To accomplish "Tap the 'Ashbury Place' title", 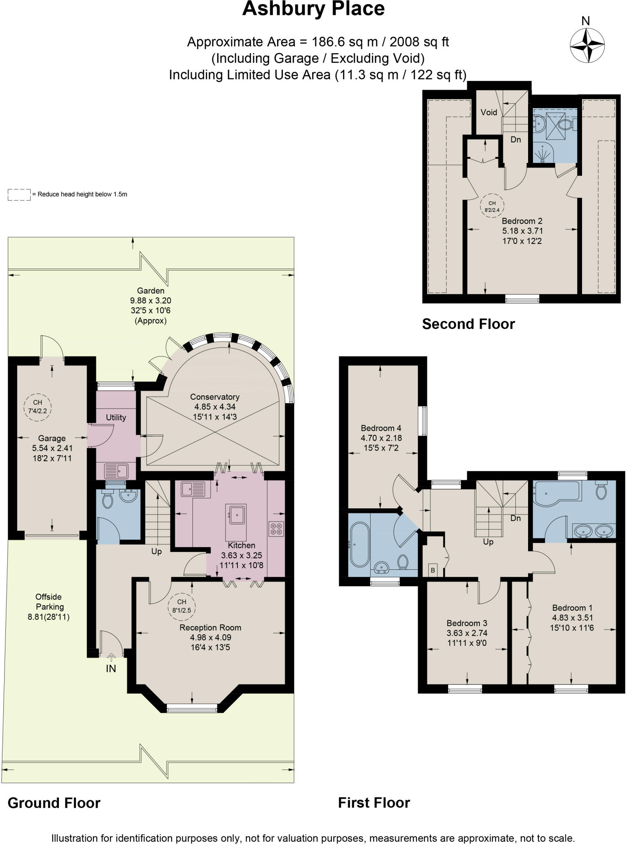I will click(x=313, y=9).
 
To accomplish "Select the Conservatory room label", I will click(x=214, y=397).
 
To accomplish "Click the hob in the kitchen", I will click(x=276, y=529).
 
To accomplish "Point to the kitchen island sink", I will click(x=237, y=515).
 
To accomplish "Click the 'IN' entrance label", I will click(x=111, y=669).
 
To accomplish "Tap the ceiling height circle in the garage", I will click(x=37, y=406).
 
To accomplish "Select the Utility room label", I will click(x=116, y=418).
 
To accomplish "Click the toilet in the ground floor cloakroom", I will click(x=108, y=501).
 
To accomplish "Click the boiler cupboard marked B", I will click(x=433, y=570).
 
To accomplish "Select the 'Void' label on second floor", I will click(x=489, y=112).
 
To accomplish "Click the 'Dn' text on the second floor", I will click(x=516, y=139).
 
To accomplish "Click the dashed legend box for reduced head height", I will click(x=19, y=194).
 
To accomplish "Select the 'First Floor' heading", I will click(x=374, y=803).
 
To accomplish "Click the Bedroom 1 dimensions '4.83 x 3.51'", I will click(x=572, y=618).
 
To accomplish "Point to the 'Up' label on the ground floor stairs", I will click(x=156, y=551).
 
